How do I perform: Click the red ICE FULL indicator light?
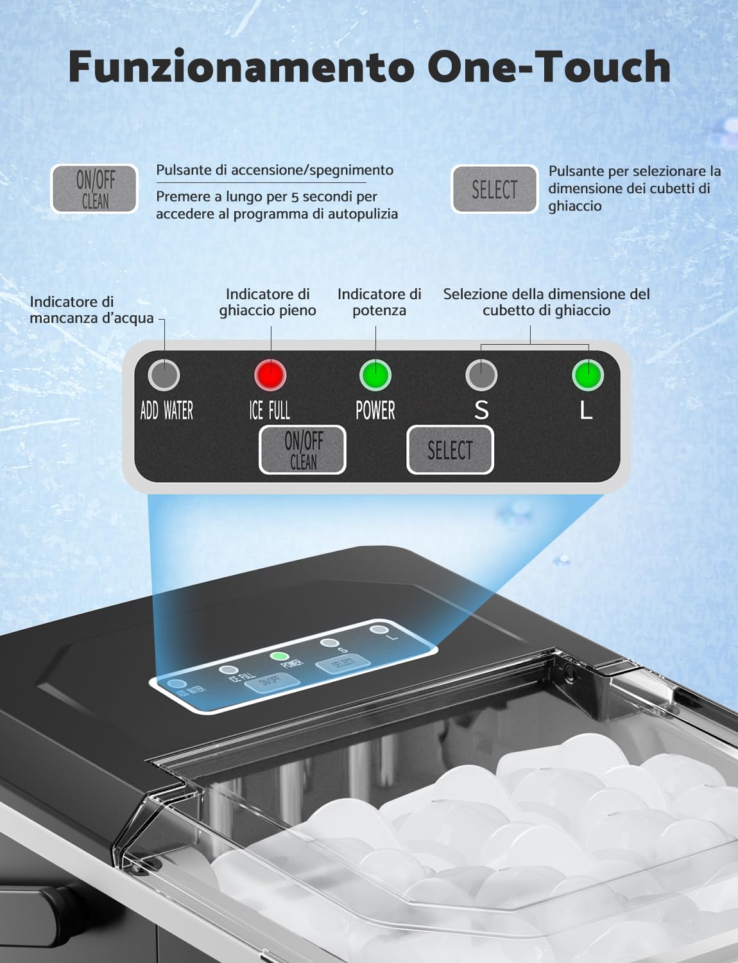270,375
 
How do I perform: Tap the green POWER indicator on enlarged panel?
375,375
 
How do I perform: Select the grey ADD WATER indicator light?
164,375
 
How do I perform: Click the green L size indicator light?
587,375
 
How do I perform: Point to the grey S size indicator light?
481,375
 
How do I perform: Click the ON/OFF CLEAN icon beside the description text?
94,189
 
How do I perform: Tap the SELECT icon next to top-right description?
494,189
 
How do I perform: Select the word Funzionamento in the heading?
241,67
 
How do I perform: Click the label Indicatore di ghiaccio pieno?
268,302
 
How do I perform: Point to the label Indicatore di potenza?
379,302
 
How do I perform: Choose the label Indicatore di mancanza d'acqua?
91,310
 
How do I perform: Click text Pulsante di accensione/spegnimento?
275,170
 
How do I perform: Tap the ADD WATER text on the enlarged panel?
167,411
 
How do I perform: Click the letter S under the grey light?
481,410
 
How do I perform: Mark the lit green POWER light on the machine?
279,657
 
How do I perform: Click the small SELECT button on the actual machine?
343,664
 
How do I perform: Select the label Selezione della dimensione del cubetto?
546,302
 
